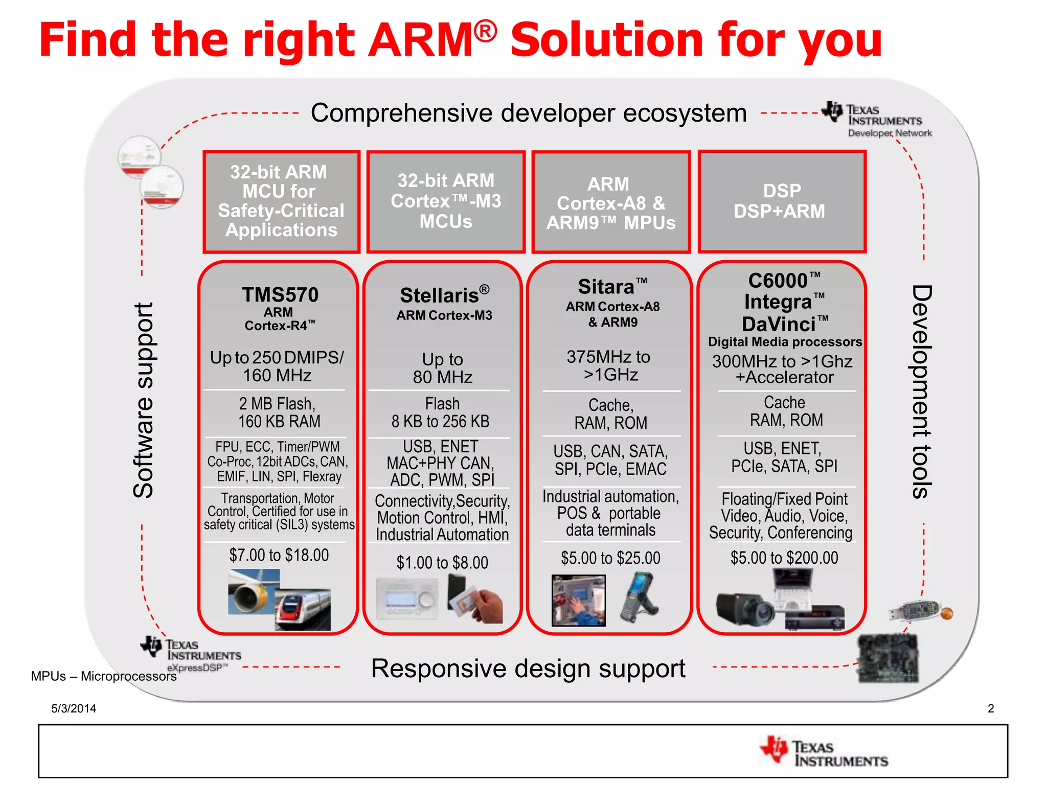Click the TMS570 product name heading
point(280,295)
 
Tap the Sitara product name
point(607,287)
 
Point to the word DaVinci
point(779,324)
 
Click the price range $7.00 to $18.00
point(279,555)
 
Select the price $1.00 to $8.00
point(442,563)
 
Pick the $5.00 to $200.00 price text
point(784,558)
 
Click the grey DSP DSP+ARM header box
point(781,201)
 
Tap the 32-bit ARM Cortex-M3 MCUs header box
point(446,201)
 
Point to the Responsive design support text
point(528,668)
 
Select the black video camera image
point(744,609)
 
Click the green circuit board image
point(887,658)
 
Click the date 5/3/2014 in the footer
point(74,708)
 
